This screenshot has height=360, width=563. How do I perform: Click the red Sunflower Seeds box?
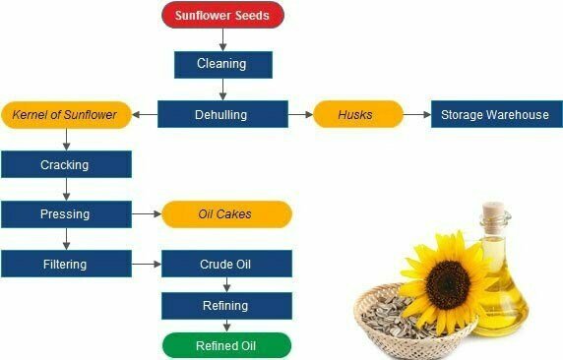point(222,15)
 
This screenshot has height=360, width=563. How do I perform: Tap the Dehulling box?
point(221,114)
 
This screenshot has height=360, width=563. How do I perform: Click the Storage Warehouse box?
point(496,114)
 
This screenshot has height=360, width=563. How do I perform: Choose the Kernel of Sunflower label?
point(65,114)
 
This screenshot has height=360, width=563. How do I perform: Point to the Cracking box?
point(65,164)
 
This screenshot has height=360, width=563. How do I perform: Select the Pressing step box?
point(65,213)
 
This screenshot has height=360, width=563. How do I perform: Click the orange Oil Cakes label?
point(226,213)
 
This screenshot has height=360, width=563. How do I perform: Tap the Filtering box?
point(65,264)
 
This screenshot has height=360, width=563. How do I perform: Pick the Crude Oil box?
point(226,264)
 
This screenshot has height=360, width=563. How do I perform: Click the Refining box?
point(226,305)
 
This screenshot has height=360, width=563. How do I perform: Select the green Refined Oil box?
point(226,345)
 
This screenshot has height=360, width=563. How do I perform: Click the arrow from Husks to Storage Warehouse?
point(416,114)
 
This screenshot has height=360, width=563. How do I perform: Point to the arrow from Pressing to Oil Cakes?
point(145,213)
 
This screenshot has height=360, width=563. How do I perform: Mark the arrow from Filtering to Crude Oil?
point(145,264)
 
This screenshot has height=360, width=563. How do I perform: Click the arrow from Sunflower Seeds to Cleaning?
point(222,38)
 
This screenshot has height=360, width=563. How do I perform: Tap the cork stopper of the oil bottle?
point(492,210)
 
